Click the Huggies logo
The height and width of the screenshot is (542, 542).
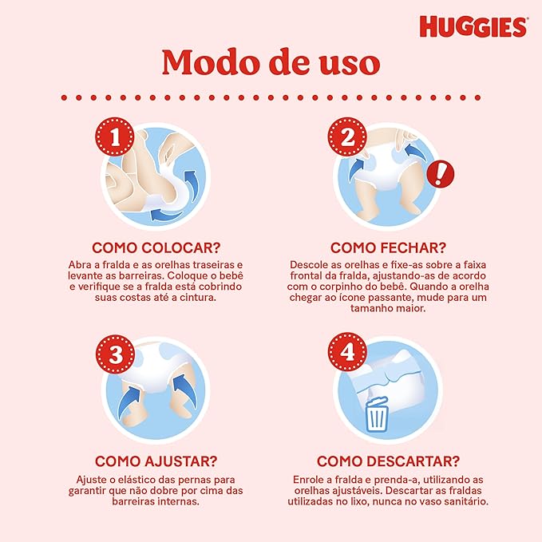(x=473, y=26)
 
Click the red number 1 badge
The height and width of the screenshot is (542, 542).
(x=115, y=136)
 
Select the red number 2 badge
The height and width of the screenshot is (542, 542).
(x=347, y=136)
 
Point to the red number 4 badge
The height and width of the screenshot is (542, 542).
(x=347, y=352)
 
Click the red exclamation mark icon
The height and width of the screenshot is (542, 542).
(x=440, y=174)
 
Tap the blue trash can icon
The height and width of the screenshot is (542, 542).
(x=377, y=415)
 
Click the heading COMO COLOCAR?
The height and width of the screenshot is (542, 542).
(x=156, y=247)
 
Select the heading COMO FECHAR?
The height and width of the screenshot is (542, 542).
(x=388, y=247)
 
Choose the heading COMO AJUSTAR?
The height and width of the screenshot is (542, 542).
(x=156, y=461)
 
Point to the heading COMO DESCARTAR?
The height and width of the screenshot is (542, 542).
(x=388, y=461)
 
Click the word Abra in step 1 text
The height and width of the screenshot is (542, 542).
(x=79, y=265)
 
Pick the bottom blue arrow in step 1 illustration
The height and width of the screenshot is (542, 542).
(x=167, y=214)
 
